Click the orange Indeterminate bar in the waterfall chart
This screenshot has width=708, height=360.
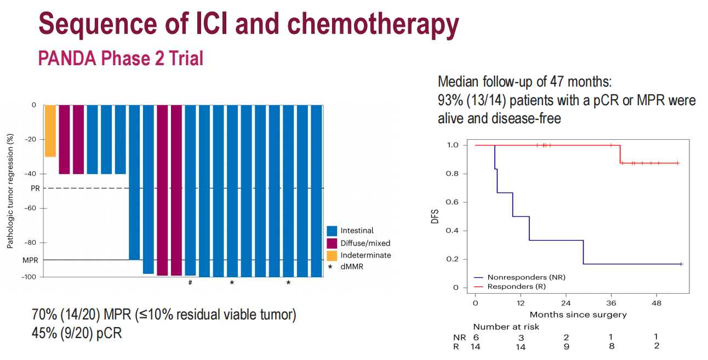click(x=50, y=131)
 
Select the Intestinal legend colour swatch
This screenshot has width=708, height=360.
click(x=332, y=231)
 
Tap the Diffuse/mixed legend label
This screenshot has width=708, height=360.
click(x=366, y=243)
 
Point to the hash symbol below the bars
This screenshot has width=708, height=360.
click(x=190, y=283)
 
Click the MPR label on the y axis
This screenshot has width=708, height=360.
click(x=30, y=260)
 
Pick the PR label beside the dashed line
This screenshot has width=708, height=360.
click(x=35, y=188)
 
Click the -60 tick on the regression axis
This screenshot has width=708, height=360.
click(x=31, y=208)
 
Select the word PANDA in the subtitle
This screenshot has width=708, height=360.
click(x=67, y=58)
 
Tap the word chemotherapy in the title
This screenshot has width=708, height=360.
click(x=373, y=24)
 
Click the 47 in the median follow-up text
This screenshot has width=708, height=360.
click(x=557, y=82)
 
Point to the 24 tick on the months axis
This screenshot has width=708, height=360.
click(x=566, y=303)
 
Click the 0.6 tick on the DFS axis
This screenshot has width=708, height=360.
click(x=452, y=202)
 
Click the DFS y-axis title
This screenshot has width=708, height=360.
click(x=435, y=216)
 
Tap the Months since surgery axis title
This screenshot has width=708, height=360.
click(x=578, y=315)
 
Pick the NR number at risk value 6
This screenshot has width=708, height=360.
click(x=476, y=338)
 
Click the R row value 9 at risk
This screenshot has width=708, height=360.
click(x=567, y=347)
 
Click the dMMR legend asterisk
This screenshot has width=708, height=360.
click(x=330, y=267)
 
